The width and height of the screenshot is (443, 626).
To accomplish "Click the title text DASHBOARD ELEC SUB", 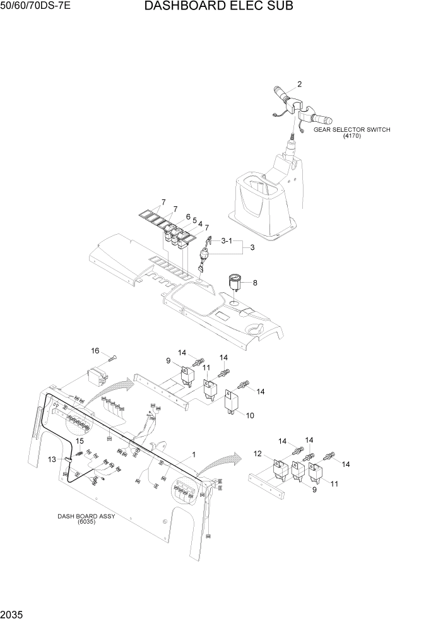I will (x=218, y=7).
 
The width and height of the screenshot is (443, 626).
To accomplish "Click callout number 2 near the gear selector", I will (x=299, y=84).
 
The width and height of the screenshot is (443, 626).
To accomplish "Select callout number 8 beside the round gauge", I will (x=255, y=283).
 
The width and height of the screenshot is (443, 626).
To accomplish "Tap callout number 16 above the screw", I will (x=95, y=350).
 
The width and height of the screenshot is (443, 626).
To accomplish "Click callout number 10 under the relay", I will (x=250, y=416).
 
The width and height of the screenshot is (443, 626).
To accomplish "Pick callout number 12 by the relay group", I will (x=257, y=454).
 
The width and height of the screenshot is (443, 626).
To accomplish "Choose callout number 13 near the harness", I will (x=52, y=459).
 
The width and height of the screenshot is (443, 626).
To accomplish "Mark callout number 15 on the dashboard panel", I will (x=80, y=440).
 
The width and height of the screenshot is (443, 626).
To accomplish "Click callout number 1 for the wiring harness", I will (x=193, y=454).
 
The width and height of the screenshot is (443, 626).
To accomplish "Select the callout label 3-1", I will (x=227, y=241).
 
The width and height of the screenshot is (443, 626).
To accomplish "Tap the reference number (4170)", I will (x=352, y=136).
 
